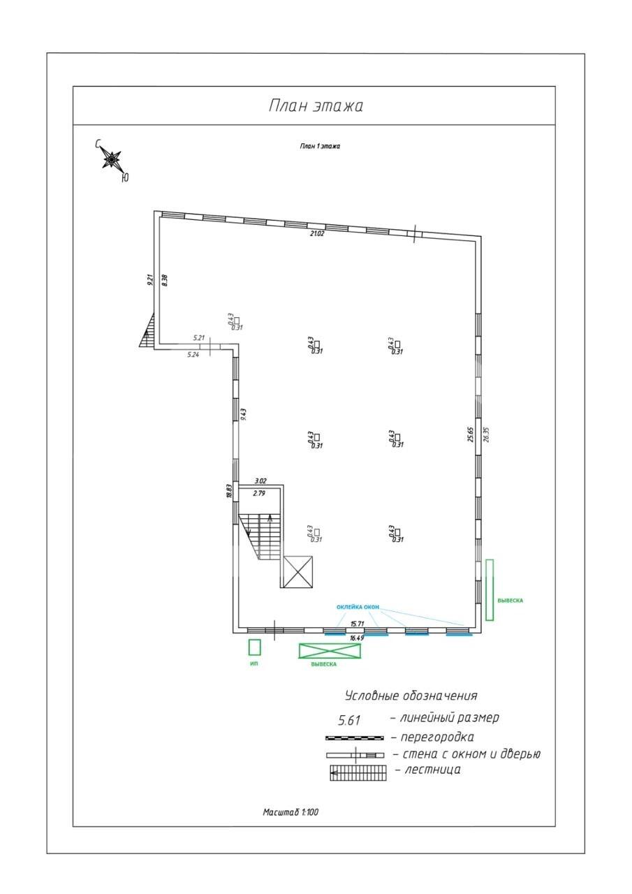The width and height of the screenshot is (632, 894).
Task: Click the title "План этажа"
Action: pos(316,106)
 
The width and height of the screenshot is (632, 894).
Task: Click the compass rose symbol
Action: pos(111,161)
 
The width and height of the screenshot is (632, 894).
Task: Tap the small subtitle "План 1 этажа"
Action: pos(320,146)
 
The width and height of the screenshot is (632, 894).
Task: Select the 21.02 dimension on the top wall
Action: pos(317,233)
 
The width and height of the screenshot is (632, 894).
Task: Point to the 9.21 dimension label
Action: pos(149,280)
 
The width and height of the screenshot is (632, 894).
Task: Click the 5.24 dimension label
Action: pos(193,355)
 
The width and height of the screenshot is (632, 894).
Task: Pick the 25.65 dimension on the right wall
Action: pos(471,434)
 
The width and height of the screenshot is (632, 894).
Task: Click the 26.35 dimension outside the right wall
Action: pos(487,434)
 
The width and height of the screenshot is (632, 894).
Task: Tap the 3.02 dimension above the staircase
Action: pos(260,481)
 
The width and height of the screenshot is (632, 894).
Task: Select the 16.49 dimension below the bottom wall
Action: pos(357,638)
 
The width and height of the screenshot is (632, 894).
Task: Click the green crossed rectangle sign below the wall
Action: pos(330,650)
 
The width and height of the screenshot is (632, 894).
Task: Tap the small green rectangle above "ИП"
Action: pos(254,647)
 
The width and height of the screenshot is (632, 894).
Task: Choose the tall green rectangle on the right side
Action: pos(490,589)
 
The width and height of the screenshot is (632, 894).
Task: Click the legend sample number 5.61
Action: pos(349,720)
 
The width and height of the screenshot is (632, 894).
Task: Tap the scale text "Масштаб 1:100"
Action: pos(291,812)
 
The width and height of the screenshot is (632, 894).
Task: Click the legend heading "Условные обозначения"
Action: pos(411,696)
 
